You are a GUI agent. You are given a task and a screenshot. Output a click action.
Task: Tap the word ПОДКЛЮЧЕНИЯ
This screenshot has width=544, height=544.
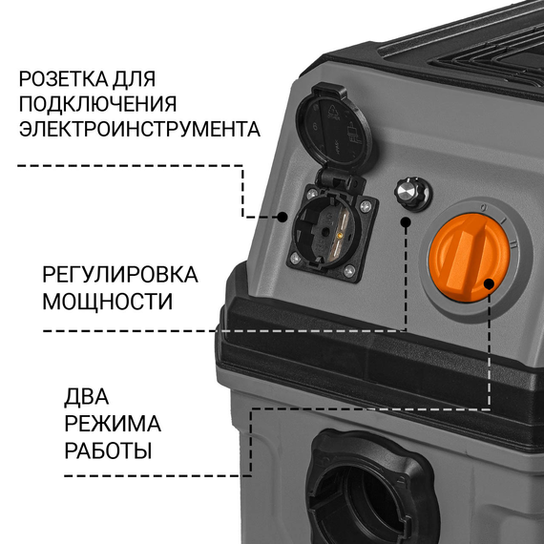(98, 103)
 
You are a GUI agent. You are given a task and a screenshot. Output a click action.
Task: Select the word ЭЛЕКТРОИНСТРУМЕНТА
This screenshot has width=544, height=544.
(139, 129)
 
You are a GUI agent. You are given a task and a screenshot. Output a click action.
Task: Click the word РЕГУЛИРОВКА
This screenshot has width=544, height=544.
(120, 275)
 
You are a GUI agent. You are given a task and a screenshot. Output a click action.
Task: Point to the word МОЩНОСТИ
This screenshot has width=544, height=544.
(108, 302)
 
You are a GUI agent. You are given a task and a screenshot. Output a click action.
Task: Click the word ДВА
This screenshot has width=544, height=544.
(87, 397)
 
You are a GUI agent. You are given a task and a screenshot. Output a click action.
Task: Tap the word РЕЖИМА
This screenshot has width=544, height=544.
(113, 423)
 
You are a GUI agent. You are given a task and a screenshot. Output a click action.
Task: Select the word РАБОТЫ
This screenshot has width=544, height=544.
(108, 450)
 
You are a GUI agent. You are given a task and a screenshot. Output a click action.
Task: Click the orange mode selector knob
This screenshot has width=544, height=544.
(470, 258)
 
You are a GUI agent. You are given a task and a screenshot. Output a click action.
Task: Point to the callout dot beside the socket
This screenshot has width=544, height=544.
(282, 218)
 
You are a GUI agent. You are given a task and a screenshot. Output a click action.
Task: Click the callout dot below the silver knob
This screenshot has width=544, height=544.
(406, 221)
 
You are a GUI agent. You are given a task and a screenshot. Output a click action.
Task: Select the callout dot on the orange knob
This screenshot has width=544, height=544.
(489, 283)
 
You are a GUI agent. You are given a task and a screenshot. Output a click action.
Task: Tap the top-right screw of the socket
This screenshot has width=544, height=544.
(366, 207)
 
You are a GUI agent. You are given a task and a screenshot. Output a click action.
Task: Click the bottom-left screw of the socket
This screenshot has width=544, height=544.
(295, 258)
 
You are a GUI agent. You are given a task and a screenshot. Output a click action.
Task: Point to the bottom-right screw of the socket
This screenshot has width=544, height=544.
(349, 271)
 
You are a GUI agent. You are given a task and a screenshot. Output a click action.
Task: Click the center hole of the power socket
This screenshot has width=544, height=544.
(325, 231)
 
